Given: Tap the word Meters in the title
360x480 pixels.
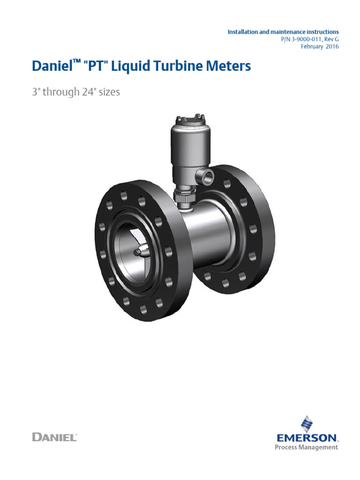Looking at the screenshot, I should pyautogui.click(x=230, y=66).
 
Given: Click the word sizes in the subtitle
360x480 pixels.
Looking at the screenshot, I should pyautogui.click(x=109, y=92).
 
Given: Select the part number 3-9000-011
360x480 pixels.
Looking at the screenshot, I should pyautogui.click(x=299, y=39).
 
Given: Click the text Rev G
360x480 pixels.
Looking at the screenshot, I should pyautogui.click(x=330, y=39).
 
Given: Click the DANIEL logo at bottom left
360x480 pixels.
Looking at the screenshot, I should pyautogui.click(x=54, y=437).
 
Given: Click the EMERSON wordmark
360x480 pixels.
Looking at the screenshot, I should pyautogui.click(x=307, y=438).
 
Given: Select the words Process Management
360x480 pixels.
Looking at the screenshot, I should pyautogui.click(x=307, y=447).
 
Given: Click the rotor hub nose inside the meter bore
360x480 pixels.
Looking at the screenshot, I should pyautogui.click(x=139, y=252).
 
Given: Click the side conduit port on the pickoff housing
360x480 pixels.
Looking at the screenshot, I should pyautogui.click(x=206, y=176).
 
